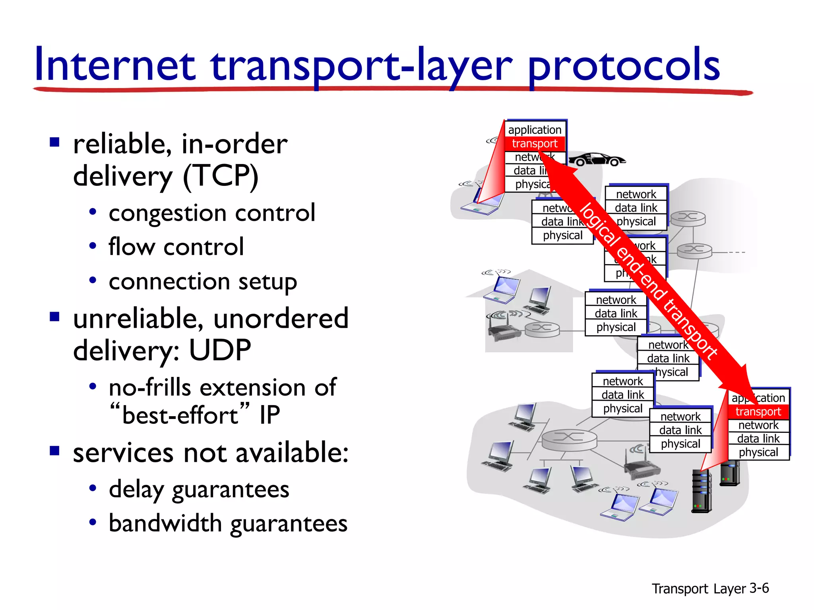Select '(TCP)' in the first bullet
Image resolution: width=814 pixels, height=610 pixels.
point(221,176)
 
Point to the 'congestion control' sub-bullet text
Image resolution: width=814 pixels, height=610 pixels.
point(212,213)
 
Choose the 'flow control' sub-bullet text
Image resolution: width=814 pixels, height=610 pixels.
point(176,247)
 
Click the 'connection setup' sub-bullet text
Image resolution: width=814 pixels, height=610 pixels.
point(203,282)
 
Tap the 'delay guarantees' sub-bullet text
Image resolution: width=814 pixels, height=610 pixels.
point(199,489)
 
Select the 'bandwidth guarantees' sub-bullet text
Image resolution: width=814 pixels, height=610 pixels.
point(228,523)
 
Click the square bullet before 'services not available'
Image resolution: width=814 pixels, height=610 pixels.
point(54,451)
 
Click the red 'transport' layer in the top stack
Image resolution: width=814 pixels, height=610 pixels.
point(535,144)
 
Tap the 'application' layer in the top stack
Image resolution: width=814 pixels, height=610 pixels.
point(535,130)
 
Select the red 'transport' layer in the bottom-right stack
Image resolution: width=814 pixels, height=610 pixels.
point(758,411)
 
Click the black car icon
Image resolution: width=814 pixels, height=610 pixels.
point(596,159)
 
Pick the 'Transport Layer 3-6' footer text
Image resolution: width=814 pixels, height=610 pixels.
point(710,588)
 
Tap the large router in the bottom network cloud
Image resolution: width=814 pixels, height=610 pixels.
point(569,439)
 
